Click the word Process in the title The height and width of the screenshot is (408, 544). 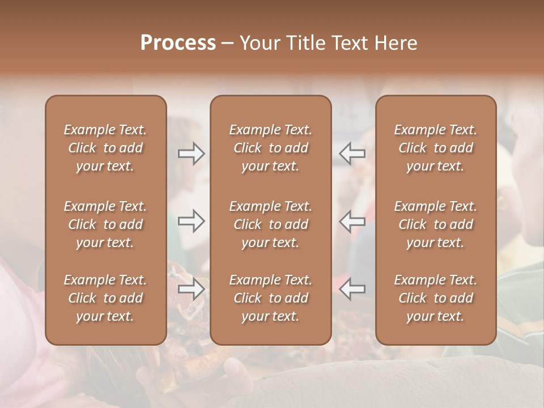coord(178,43)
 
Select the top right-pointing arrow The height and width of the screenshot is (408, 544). coord(192,153)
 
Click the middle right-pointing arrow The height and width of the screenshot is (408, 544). coord(192,220)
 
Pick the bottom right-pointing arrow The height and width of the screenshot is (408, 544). coord(192,289)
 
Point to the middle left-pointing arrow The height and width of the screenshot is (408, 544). coord(352,220)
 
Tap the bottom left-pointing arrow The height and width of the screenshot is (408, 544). coord(352,289)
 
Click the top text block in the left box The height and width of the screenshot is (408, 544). coord(105,148)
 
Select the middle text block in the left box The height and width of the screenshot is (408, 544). coord(105,224)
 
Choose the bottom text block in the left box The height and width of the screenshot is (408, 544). coord(105,298)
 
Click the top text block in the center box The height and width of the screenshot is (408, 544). coord(271,148)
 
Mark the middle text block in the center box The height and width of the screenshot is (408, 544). coord(271,224)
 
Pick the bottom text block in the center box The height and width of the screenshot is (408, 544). coord(271,298)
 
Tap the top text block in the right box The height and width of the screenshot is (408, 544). coord(436,148)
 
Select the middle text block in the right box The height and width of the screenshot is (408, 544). coord(436,224)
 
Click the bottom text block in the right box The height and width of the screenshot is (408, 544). coord(436,298)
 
